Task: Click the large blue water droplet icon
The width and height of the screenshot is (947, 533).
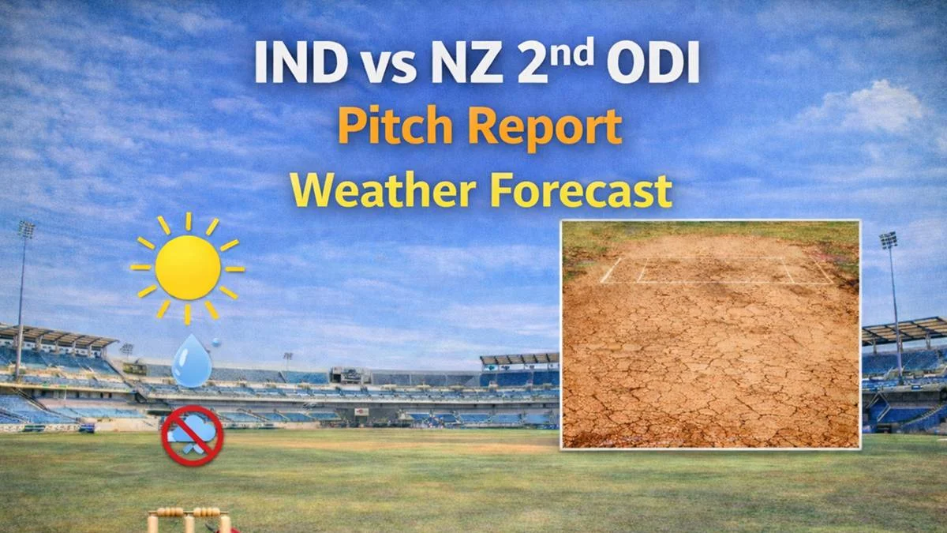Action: (x=189, y=362)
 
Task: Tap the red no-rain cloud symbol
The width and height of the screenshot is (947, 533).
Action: (x=193, y=434)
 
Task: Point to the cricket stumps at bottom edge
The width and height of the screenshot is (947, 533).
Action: (x=189, y=520)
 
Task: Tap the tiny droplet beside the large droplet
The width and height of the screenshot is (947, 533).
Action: (x=215, y=342)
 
